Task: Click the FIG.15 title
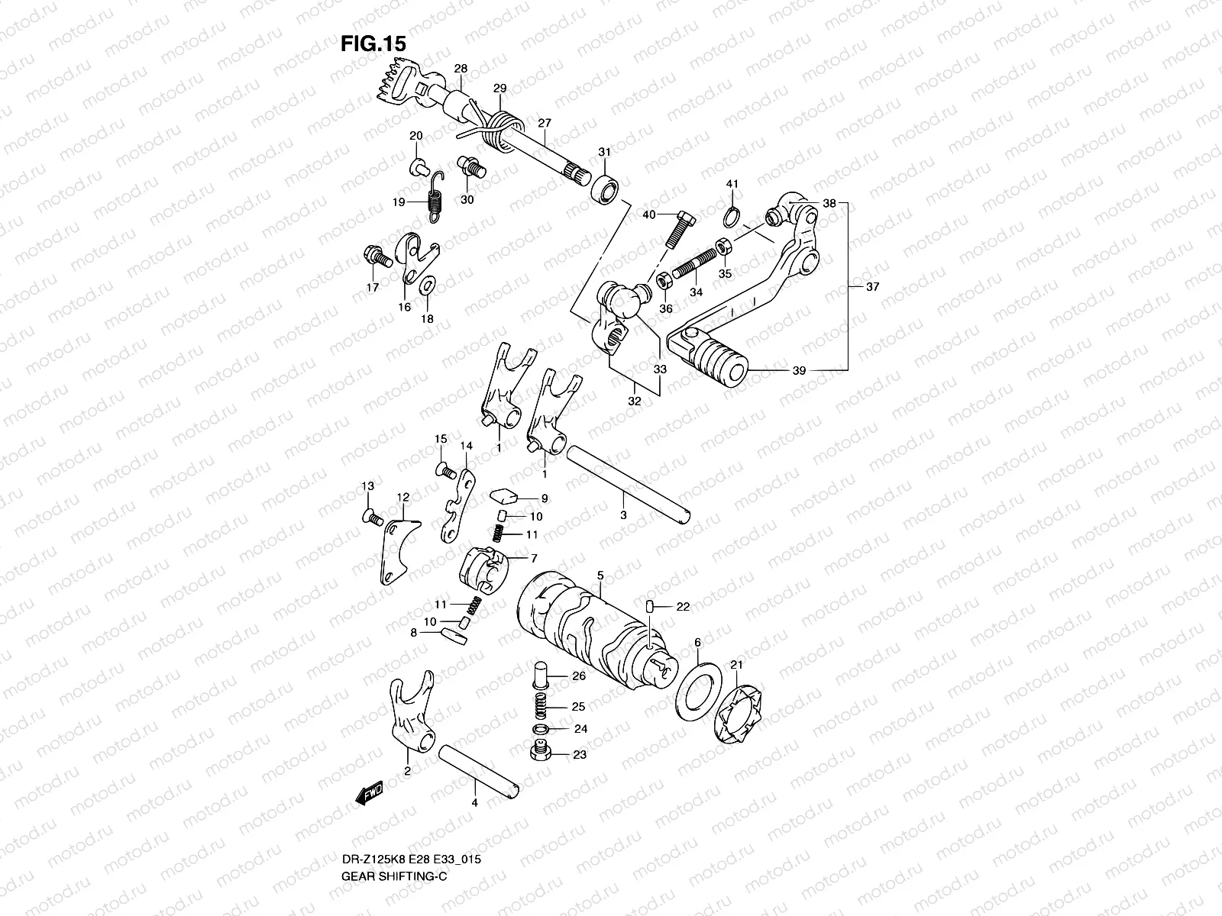pos(373,44)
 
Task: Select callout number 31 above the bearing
pos(604,153)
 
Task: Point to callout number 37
pos(872,287)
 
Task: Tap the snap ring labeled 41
pos(732,218)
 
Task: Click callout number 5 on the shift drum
pos(600,575)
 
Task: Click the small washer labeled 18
pos(428,287)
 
